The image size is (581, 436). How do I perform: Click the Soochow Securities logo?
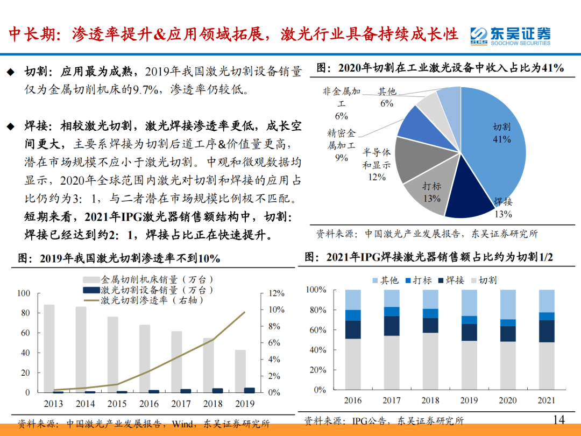point(510,36)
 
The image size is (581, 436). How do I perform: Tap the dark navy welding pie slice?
point(462,200)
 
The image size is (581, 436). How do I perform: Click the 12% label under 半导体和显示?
point(377,177)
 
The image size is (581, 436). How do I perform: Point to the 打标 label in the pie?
point(431,186)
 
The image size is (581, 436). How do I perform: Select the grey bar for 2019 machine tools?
point(241,371)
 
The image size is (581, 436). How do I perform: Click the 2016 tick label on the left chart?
point(150,404)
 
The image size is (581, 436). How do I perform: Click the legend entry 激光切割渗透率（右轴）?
point(157,300)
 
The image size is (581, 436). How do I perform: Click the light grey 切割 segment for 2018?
point(430,361)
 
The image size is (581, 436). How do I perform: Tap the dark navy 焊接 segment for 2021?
point(547,331)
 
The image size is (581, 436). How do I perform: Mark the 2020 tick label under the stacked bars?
point(508,400)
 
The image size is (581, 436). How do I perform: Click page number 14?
point(558,419)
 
